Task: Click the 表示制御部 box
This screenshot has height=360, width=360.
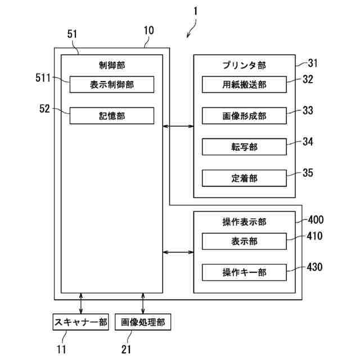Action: point(112,84)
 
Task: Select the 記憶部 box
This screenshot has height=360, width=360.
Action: point(112,116)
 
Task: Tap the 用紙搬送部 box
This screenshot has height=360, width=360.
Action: point(244,84)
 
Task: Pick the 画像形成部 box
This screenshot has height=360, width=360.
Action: point(244,116)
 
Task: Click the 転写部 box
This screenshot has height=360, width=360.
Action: point(244,147)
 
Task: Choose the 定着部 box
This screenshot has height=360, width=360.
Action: point(244,178)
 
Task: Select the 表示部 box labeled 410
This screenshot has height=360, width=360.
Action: point(244,241)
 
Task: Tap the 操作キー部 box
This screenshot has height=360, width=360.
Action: point(244,272)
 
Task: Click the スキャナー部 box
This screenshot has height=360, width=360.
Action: point(81,322)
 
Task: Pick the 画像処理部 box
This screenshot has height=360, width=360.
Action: point(143,322)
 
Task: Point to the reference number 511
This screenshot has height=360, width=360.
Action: point(43,78)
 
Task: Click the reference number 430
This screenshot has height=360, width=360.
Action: point(315,267)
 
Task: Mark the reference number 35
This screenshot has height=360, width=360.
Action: point(308,173)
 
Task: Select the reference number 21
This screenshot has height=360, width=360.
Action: point(126,349)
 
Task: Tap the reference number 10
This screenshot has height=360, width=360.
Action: point(148,30)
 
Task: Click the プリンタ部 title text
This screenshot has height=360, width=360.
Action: point(244,65)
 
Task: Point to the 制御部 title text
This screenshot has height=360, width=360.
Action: point(112,65)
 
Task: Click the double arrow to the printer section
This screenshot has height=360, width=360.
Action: point(178,126)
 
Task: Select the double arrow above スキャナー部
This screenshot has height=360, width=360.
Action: point(81,303)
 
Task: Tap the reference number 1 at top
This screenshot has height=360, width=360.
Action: point(195,11)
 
